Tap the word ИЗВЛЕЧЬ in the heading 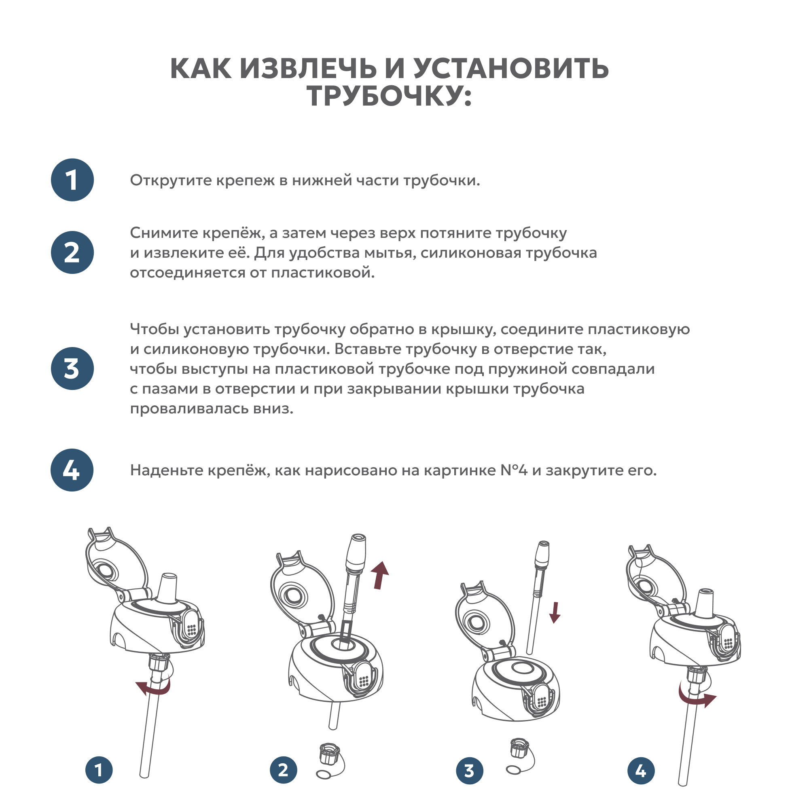click(308, 68)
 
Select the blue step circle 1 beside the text click(72, 180)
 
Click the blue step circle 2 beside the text click(72, 252)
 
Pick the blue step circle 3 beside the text click(72, 368)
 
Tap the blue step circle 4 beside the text click(72, 470)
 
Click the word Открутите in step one click(170, 180)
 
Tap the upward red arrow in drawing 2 click(380, 575)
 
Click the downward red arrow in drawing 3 click(555, 612)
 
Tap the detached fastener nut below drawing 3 click(519, 748)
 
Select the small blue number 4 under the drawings click(641, 771)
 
